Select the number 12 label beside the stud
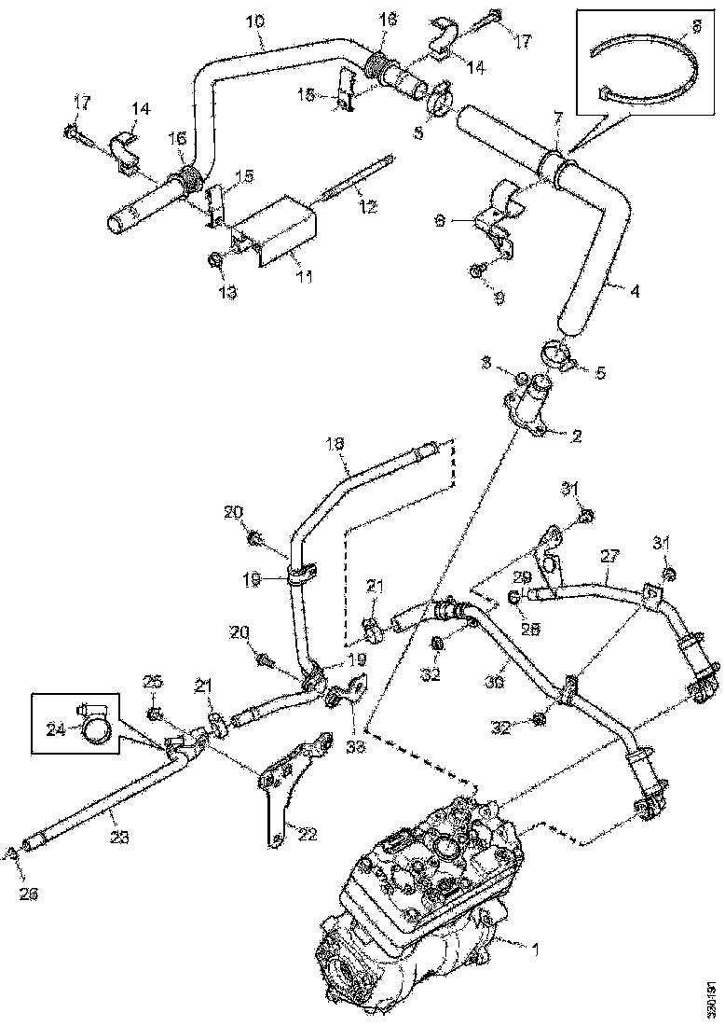367,207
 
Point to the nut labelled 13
214,259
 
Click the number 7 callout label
557,118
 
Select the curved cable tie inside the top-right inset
652,65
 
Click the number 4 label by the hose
634,290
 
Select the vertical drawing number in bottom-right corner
711,997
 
